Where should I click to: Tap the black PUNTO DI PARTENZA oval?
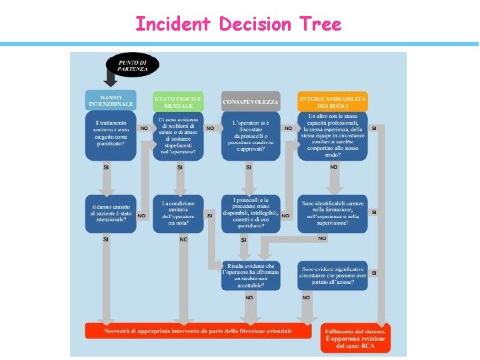coord(133,65)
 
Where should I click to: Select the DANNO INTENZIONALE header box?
coord(111,101)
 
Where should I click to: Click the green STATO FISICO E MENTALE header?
coord(178,102)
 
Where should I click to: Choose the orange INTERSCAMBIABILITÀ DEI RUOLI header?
coord(333,102)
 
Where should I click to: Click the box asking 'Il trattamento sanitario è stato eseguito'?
coord(111,135)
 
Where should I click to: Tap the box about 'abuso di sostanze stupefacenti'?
coord(178,135)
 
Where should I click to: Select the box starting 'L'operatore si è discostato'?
coord(251,135)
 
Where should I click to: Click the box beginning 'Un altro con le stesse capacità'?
coord(333,135)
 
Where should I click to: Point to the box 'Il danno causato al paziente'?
coord(111,213)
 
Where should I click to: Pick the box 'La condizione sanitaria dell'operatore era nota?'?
coord(178,213)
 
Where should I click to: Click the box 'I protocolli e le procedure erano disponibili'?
coord(251,213)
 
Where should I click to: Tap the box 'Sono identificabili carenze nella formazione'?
coord(333,213)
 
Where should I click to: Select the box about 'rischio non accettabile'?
coord(251,275)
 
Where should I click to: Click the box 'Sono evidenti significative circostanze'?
coord(333,275)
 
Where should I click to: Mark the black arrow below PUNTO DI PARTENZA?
coord(111,80)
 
